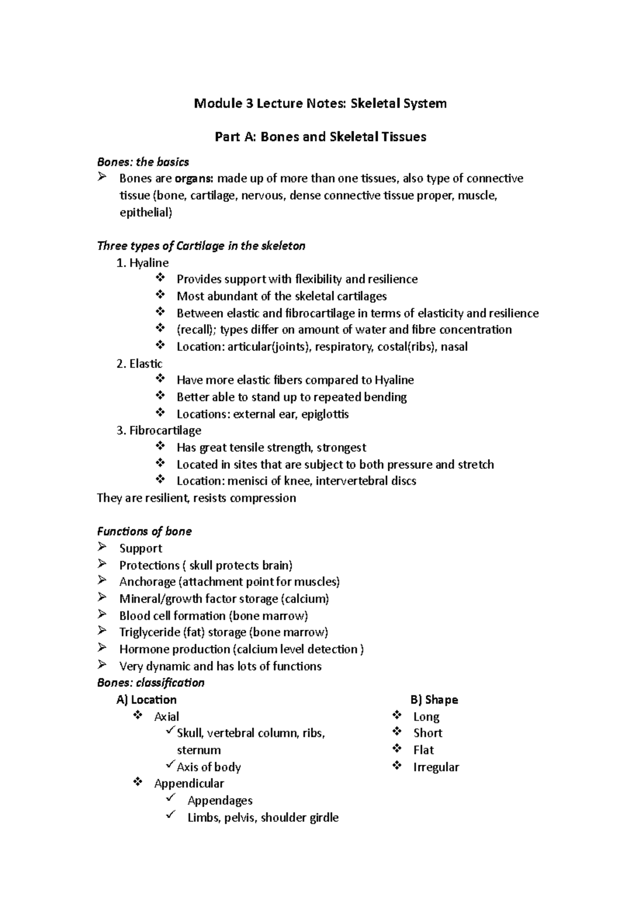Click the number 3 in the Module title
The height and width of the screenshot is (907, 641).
click(249, 103)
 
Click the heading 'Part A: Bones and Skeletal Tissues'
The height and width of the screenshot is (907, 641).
click(320, 137)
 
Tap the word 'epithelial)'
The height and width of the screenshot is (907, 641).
click(146, 213)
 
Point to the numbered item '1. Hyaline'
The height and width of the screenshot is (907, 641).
click(143, 263)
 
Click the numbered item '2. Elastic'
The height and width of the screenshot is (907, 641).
click(139, 364)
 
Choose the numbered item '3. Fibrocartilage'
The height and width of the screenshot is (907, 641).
click(159, 431)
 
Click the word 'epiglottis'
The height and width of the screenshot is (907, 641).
click(325, 414)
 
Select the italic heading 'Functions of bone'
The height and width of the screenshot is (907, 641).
click(144, 531)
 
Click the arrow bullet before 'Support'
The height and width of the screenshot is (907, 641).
click(102, 547)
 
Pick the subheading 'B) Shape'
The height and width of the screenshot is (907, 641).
click(434, 700)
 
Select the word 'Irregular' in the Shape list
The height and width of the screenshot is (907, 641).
click(436, 767)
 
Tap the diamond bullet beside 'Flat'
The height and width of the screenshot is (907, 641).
click(397, 749)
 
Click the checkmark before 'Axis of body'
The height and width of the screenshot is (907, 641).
click(170, 765)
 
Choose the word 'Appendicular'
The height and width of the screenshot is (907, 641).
click(189, 784)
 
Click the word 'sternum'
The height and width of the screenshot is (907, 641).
click(199, 750)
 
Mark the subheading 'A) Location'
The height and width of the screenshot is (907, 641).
click(146, 700)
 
